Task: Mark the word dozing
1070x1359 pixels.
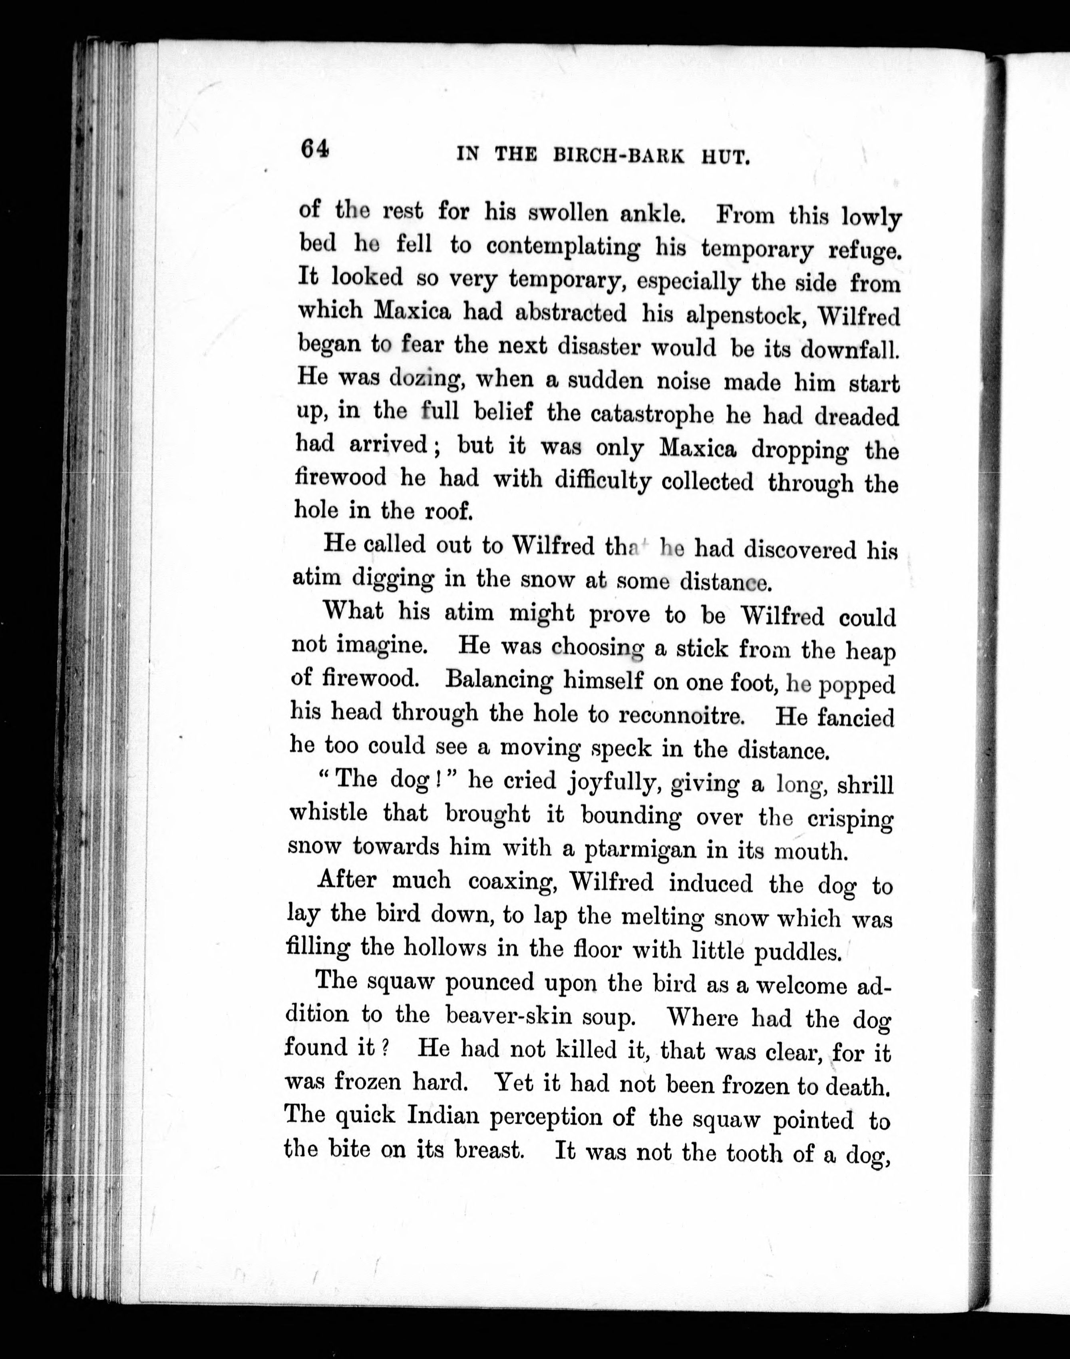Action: (426, 379)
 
